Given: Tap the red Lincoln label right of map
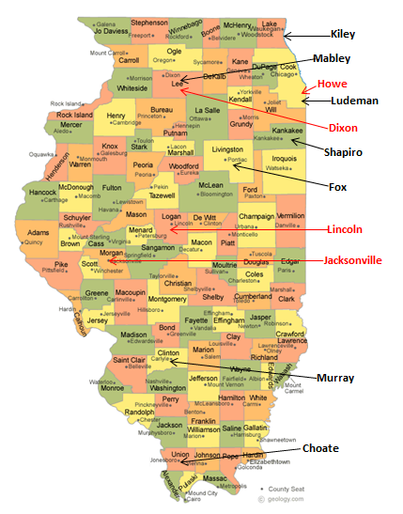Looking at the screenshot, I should (346, 228).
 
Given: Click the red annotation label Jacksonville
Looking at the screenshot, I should (352, 260).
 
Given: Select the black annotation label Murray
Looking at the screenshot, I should (335, 378).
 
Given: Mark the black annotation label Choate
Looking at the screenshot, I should (320, 448).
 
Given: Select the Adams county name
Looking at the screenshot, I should (39, 232).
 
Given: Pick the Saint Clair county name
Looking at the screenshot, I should (129, 360).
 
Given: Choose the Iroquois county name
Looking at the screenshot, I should (284, 160).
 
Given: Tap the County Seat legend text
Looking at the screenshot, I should (285, 490).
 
